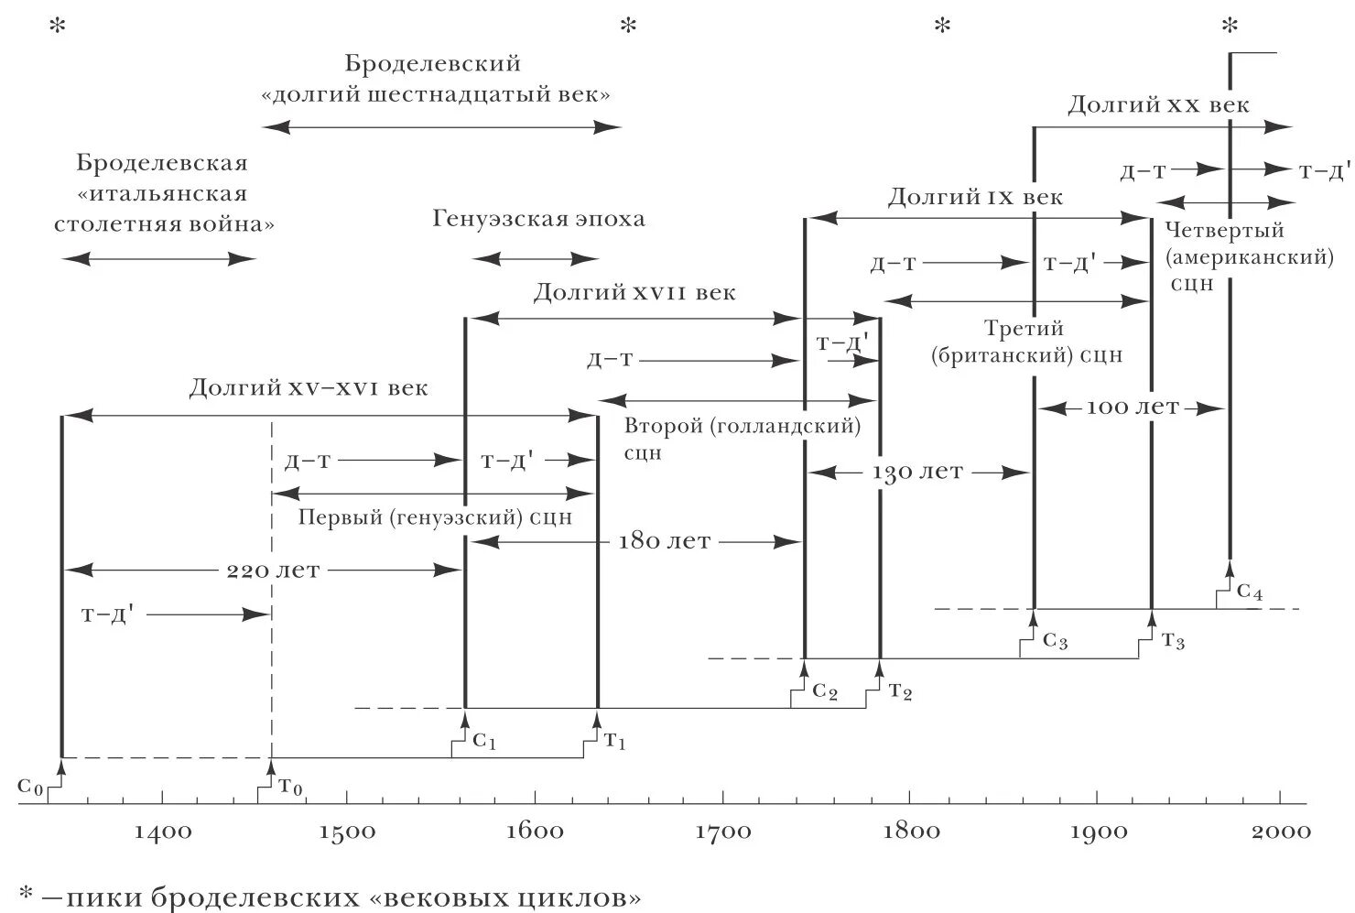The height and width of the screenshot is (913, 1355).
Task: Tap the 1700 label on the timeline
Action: pyautogui.click(x=723, y=831)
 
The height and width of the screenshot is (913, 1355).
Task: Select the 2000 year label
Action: pyautogui.click(x=1281, y=831)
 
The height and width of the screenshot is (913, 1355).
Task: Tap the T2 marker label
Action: pyautogui.click(x=900, y=691)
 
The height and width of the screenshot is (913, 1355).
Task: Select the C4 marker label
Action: pyautogui.click(x=1249, y=592)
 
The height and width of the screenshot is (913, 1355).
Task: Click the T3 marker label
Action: pyautogui.click(x=1173, y=641)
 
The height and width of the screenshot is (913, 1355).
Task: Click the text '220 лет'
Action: pyautogui.click(x=274, y=571)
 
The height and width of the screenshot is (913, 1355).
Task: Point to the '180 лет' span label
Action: pyautogui.click(x=665, y=541)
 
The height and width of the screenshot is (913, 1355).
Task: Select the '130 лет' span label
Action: pyautogui.click(x=917, y=473)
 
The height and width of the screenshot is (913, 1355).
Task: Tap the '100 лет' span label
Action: pyautogui.click(x=1133, y=408)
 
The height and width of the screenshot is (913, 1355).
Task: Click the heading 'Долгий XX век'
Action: pyautogui.click(x=1158, y=105)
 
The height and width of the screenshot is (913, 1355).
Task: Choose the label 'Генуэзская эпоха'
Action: pyautogui.click(x=538, y=220)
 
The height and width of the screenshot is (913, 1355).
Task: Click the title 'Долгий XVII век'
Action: pyautogui.click(x=634, y=293)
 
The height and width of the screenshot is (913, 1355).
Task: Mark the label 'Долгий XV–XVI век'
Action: pyautogui.click(x=309, y=387)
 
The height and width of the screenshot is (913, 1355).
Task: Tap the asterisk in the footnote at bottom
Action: pyautogui.click(x=27, y=896)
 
